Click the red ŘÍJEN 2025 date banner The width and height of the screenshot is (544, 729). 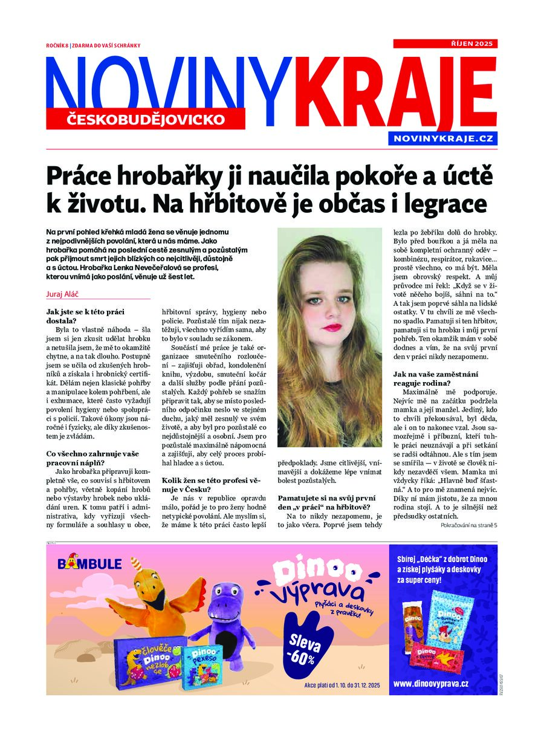445,44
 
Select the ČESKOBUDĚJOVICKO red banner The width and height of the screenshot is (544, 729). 145,119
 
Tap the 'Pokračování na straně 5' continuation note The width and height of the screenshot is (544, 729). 468,525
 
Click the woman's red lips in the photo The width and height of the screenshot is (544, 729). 332,327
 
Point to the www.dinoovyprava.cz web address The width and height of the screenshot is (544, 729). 430,683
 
